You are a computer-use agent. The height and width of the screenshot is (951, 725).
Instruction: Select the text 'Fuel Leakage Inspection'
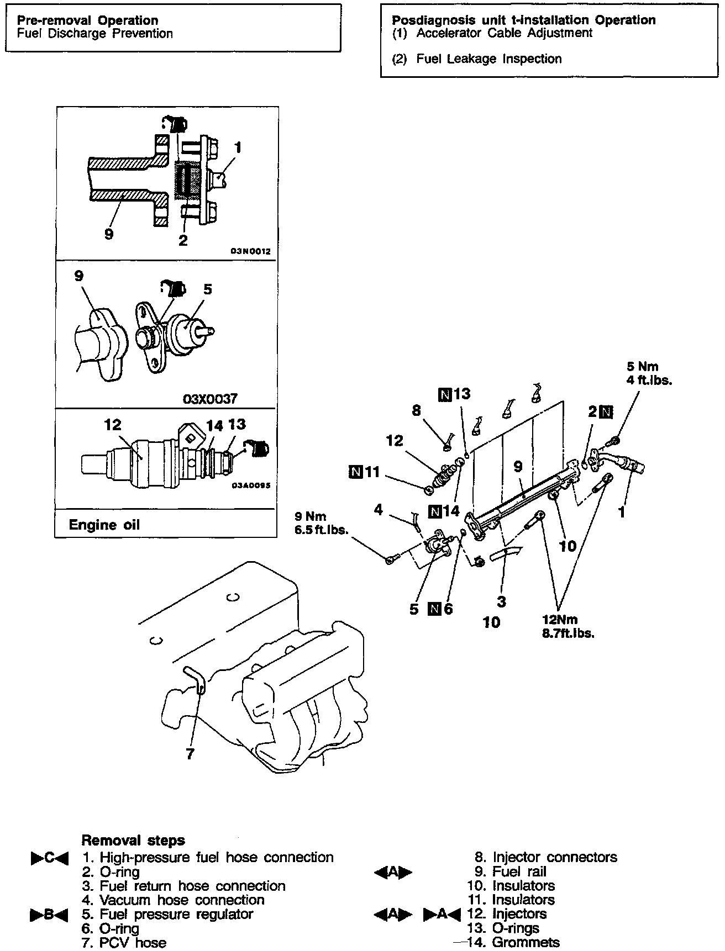tap(489, 59)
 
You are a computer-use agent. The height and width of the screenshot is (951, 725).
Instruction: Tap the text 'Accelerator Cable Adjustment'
tap(504, 33)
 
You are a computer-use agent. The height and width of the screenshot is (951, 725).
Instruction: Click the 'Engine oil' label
tap(104, 525)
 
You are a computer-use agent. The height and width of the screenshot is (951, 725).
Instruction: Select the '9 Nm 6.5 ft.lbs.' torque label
tap(321, 523)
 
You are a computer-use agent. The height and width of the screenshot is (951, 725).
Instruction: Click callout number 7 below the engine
tap(190, 754)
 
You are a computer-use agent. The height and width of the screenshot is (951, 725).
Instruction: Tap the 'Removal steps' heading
tap(133, 841)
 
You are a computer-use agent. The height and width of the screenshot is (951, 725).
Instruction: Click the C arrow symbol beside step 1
tap(49, 858)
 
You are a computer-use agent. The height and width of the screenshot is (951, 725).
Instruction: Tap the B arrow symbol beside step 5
tap(49, 915)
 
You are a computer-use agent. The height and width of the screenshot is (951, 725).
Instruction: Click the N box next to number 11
tap(356, 471)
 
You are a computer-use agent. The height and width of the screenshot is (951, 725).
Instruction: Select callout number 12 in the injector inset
tap(113, 425)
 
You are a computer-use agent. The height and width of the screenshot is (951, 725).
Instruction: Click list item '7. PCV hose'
tap(124, 942)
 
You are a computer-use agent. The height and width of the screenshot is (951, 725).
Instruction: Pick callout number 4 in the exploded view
tap(378, 509)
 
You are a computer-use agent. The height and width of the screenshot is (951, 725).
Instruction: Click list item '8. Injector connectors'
tap(546, 858)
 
